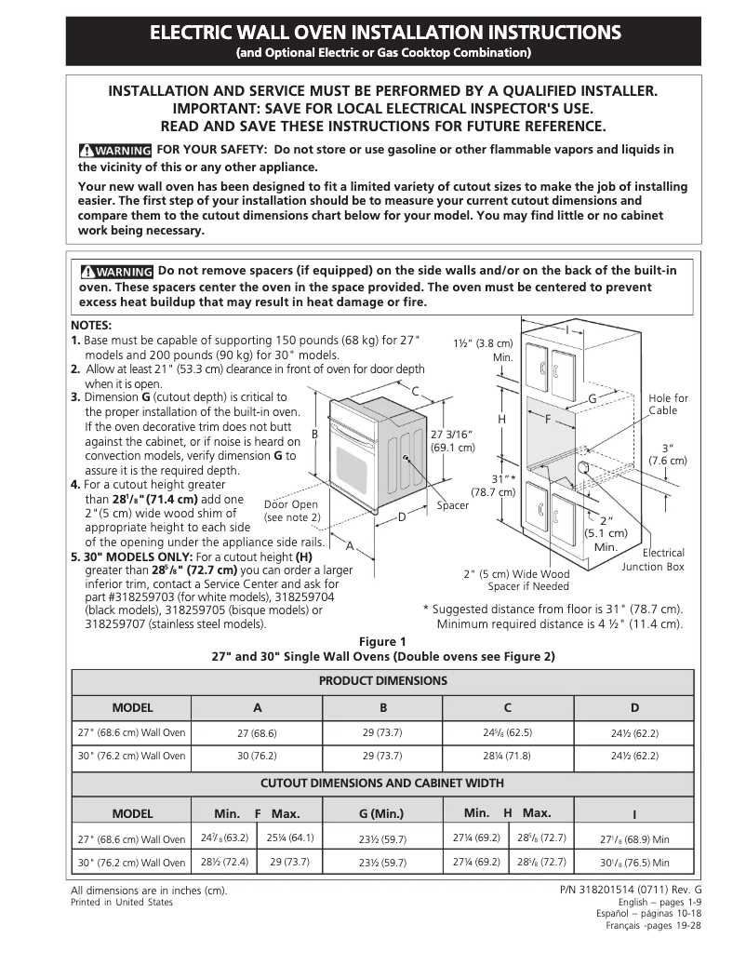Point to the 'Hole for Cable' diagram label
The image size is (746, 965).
point(668,404)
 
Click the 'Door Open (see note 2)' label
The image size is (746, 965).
point(291,511)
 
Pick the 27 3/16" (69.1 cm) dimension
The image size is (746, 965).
point(453,440)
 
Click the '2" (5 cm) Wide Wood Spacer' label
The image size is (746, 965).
point(516,580)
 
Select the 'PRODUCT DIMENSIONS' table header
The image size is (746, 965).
point(382,681)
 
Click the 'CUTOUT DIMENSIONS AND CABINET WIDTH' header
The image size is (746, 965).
point(382,784)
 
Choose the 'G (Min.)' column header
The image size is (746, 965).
point(381,813)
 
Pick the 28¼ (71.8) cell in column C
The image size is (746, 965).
point(507,756)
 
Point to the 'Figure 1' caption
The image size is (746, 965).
point(382,641)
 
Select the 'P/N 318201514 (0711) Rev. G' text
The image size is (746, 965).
point(631,891)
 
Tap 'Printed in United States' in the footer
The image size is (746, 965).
point(122,903)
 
